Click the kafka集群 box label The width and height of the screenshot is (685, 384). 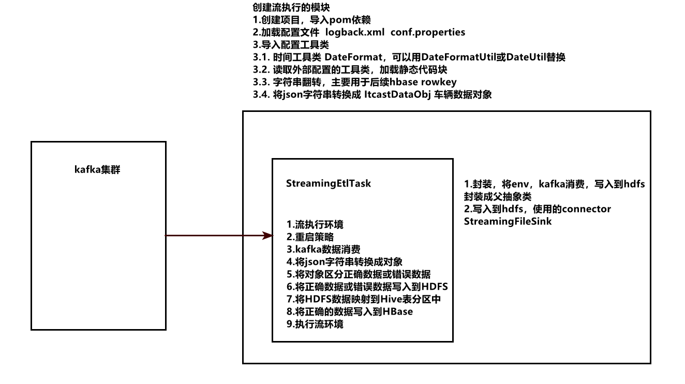97,169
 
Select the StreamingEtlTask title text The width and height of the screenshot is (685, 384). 329,183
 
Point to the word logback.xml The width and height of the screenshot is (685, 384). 354,32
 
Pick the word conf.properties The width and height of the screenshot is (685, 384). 428,32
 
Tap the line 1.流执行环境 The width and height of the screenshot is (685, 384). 315,225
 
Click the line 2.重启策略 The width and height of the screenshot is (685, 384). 310,237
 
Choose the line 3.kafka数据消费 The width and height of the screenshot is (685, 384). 323,249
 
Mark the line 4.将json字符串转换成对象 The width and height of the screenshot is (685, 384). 344,262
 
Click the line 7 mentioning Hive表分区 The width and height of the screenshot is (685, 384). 363,300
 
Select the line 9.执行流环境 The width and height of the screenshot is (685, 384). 315,324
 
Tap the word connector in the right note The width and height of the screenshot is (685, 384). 583,209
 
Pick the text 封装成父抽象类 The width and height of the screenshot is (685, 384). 498,197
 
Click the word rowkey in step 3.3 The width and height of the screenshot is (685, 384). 440,82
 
